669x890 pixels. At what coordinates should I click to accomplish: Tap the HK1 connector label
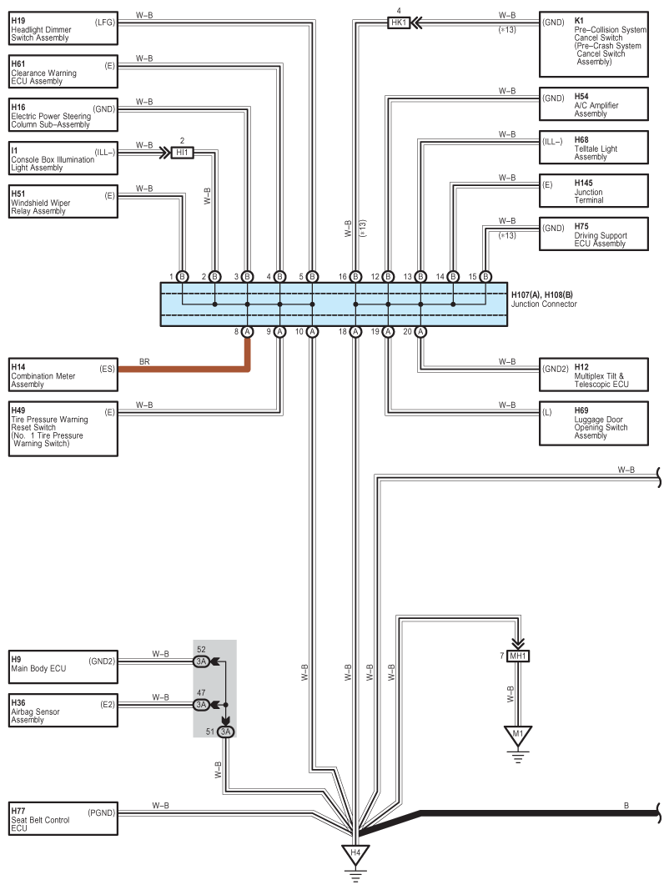[399, 23]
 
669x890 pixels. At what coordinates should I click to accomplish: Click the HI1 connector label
[182, 153]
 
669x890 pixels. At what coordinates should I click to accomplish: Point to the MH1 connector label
[518, 656]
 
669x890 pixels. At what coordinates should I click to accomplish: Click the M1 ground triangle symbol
[518, 737]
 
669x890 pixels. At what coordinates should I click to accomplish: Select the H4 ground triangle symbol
[355, 855]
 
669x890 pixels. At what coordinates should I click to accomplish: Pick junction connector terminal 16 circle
[356, 277]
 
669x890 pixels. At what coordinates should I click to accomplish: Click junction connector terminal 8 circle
[248, 331]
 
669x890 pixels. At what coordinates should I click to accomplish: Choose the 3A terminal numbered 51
[226, 732]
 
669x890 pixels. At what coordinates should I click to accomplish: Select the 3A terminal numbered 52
[201, 661]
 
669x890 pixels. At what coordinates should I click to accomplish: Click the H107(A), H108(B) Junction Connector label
[544, 299]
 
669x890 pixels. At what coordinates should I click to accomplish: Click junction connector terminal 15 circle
[485, 277]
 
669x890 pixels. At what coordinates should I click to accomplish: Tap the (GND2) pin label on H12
[555, 369]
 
